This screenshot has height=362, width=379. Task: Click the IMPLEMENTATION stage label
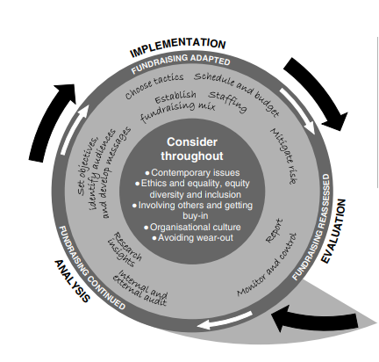tap(178, 47)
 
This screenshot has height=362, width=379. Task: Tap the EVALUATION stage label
tap(334, 231)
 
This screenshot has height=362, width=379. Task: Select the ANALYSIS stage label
tap(72, 281)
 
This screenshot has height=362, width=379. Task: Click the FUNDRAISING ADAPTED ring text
tap(181, 63)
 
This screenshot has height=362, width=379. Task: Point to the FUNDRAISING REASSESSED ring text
tap(312, 227)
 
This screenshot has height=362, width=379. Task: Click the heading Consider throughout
tap(192, 149)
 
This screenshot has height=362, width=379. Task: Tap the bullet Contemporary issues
tap(192, 172)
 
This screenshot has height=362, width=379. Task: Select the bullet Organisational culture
tap(192, 227)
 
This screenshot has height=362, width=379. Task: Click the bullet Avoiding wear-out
tap(192, 237)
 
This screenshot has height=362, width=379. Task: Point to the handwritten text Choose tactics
tap(154, 85)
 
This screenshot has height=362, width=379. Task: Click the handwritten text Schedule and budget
tap(237, 93)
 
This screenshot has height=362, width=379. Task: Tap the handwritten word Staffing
tap(228, 101)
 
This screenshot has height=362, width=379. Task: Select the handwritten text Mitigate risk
tap(284, 156)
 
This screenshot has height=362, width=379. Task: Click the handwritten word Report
tap(275, 231)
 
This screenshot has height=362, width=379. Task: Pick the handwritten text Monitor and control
tap(267, 264)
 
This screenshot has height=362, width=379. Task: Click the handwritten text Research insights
tap(125, 250)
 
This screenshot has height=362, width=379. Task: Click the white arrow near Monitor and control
tap(225, 320)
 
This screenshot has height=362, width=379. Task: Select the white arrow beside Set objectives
tap(75, 129)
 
